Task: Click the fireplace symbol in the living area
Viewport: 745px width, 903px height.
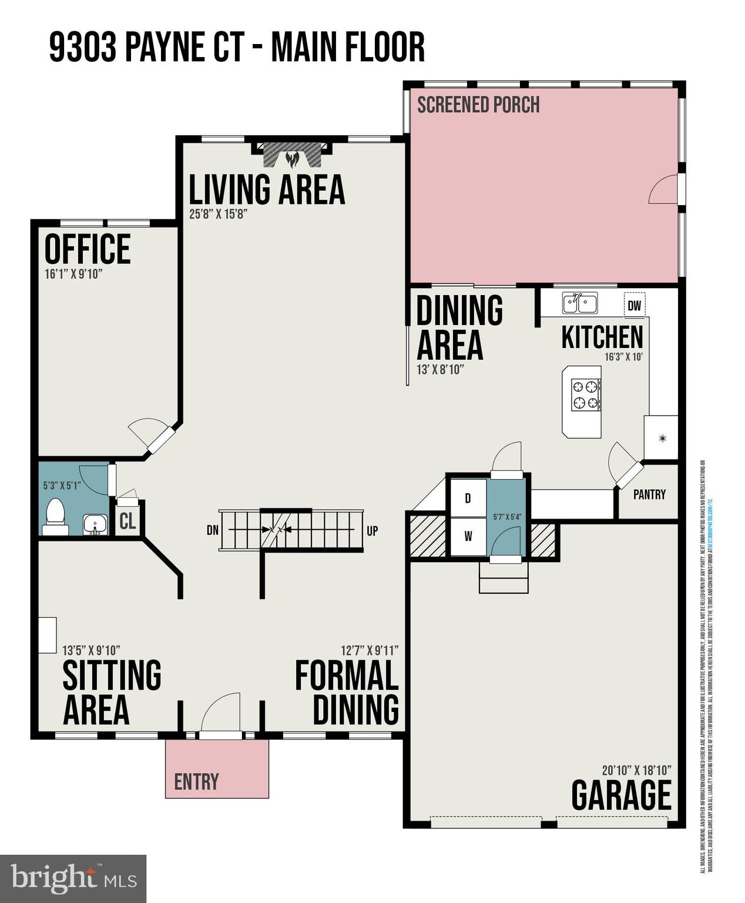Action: (292, 155)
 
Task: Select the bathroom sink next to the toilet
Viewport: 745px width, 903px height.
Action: (95, 524)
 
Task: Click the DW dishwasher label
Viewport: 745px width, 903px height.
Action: (634, 306)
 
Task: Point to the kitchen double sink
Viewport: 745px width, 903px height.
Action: (579, 303)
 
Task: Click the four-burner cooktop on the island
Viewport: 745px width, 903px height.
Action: (586, 394)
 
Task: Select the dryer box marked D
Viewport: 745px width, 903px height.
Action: (468, 499)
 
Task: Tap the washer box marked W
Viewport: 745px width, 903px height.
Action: (468, 536)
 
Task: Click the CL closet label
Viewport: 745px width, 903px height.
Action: (127, 521)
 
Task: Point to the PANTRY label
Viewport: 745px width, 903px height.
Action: (649, 494)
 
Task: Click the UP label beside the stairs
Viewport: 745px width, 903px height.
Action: (372, 531)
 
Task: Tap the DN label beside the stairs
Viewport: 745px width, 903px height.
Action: (213, 530)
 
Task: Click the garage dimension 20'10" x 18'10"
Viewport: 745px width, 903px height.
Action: (636, 770)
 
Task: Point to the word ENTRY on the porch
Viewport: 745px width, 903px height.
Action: (196, 781)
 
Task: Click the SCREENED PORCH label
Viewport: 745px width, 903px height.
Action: (478, 105)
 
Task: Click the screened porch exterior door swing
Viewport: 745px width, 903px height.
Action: (665, 189)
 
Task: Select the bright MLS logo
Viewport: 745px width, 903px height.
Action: (73, 878)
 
